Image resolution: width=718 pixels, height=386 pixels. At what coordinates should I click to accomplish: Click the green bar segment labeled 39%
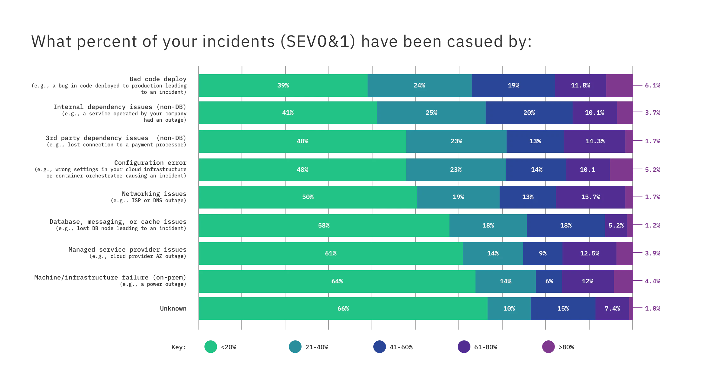283,86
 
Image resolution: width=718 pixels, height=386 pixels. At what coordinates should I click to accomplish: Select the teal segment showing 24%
419,86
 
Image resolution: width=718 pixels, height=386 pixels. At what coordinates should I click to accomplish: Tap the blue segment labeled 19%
513,86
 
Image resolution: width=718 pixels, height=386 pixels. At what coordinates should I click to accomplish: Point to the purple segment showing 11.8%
580,86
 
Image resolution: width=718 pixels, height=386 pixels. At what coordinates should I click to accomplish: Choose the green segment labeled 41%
288,113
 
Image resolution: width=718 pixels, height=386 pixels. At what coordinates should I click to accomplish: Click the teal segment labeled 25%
431,113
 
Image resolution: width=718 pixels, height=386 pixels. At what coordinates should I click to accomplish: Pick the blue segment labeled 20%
529,113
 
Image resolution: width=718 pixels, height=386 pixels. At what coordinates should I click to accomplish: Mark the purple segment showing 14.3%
595,141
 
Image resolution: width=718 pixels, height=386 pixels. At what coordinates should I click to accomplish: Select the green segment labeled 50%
308,197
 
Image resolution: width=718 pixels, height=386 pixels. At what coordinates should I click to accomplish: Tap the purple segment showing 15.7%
590,197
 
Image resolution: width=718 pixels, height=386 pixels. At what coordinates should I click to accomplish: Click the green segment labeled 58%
324,226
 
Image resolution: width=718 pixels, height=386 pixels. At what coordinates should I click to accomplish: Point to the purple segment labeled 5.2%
616,226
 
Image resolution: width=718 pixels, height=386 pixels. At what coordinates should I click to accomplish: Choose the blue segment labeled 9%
542,254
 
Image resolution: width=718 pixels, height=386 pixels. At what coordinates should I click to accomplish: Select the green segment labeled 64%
337,281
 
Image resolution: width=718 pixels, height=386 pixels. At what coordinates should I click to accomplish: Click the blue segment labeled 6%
548,281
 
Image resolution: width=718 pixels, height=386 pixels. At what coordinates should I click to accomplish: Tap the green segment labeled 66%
343,309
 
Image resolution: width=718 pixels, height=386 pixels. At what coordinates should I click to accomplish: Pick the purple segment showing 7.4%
612,309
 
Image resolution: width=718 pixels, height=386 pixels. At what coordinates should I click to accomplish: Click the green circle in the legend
210,347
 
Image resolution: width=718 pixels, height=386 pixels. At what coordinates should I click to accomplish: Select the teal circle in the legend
295,347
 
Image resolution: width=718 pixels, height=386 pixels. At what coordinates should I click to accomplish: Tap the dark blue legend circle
380,347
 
